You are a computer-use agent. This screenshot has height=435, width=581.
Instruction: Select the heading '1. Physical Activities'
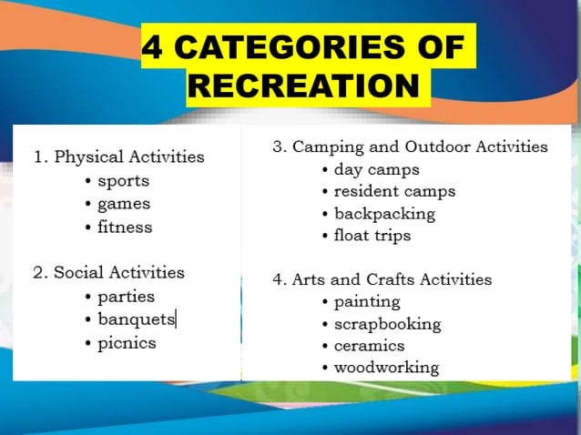118,157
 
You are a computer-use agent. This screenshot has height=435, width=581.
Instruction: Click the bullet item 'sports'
123,180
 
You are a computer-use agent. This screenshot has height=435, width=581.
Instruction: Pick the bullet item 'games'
124,204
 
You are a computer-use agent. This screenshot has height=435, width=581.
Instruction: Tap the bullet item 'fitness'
125,228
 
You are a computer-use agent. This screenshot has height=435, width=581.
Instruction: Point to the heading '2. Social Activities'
108,272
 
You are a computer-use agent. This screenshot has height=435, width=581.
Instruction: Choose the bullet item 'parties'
126,297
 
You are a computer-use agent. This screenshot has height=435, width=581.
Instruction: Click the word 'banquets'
136,319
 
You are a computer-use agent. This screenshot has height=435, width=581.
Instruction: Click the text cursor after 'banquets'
177,319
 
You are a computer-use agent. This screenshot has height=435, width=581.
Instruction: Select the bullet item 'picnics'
127,343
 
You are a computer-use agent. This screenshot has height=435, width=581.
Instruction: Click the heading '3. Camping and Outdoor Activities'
410,147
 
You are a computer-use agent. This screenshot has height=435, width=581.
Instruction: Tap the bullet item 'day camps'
376,169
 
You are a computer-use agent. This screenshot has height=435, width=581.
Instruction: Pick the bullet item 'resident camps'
393,191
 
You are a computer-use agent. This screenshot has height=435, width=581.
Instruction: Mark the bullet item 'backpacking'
384,214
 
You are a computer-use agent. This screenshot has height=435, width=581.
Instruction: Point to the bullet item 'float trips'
372,236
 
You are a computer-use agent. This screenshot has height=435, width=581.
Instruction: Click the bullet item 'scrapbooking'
387,324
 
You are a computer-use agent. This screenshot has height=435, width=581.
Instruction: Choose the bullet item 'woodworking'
386,368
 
